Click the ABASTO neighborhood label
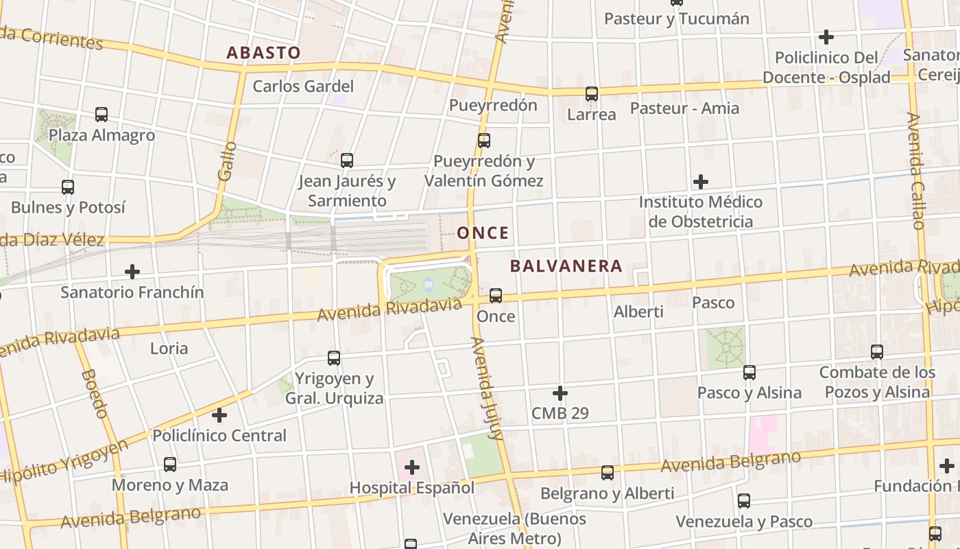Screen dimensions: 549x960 coord(263,53)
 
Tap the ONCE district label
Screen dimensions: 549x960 coord(483,233)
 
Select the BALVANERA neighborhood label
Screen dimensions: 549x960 coord(566,266)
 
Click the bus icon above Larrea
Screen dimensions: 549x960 coord(591,94)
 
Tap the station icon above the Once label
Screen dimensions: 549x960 coord(495,296)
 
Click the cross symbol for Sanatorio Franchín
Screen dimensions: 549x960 coord(132,272)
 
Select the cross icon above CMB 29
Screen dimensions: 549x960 coord(560,393)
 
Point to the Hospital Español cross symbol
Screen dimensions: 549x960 coord(411,467)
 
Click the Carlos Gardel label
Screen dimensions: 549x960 coord(303,86)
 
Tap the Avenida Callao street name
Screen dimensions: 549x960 coord(916,172)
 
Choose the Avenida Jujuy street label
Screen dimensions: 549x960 coord(486,388)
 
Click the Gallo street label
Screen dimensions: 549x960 coord(226,161)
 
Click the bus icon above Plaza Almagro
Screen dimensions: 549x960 coord(101,115)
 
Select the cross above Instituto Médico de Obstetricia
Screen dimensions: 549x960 coord(700,182)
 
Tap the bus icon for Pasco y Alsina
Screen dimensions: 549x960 coord(749,373)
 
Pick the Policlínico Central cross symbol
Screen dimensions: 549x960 coord(219,415)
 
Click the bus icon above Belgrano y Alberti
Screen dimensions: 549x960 coord(607,472)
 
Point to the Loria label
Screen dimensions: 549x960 coord(169,349)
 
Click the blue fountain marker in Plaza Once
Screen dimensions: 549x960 coord(429,283)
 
